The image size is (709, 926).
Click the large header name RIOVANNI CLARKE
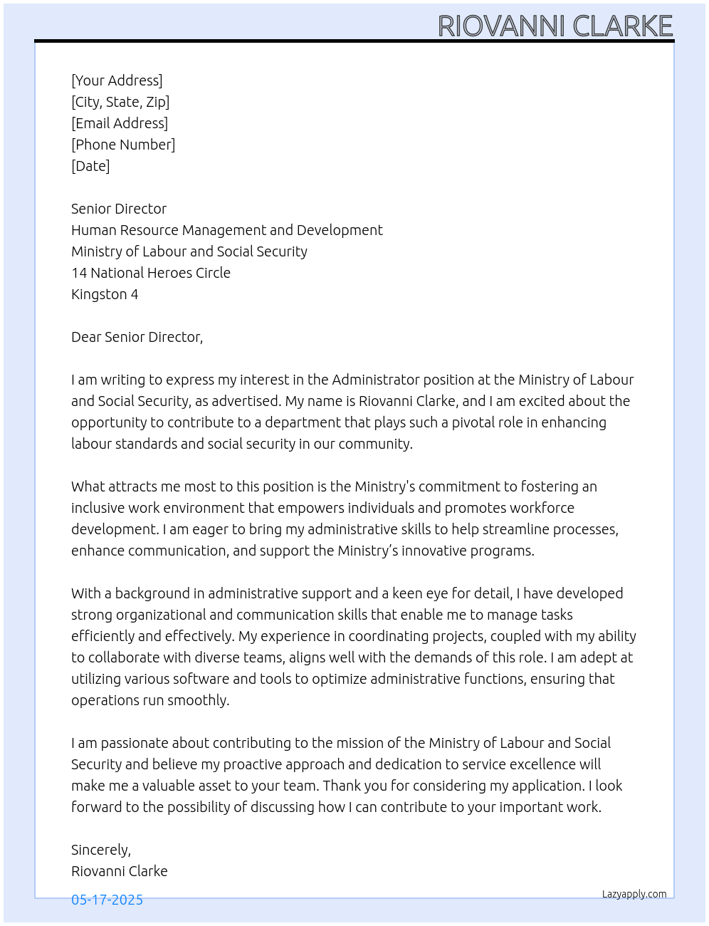(555, 26)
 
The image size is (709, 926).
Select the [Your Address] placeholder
(117, 80)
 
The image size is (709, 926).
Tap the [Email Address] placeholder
(120, 123)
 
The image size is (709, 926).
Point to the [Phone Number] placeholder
(123, 145)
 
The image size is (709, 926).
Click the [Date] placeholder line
(90, 166)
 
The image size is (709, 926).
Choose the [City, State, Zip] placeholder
(120, 102)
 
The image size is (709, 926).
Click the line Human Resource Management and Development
(226, 230)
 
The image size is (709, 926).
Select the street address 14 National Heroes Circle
(151, 273)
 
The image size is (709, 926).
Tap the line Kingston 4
(105, 294)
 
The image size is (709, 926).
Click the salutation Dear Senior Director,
(137, 337)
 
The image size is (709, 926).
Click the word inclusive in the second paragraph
(98, 508)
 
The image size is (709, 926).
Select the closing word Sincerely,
(101, 850)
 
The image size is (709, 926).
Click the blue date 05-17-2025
(107, 900)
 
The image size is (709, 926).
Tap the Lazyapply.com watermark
(634, 894)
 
